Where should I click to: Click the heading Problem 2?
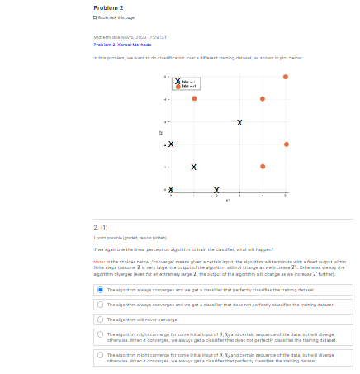pyautogui.click(x=108, y=7)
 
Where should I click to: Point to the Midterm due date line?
pyautogui.click(x=130, y=37)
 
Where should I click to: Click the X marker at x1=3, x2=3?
pyautogui.click(x=239, y=122)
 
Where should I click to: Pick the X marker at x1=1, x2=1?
pyautogui.click(x=194, y=167)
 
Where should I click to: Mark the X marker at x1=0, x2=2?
pyautogui.click(x=171, y=144)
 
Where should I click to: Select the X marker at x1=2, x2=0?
pyautogui.click(x=217, y=189)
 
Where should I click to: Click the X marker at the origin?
pyautogui.click(x=171, y=189)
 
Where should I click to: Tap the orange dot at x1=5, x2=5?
pyautogui.click(x=286, y=77)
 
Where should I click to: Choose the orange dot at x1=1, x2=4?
pyautogui.click(x=194, y=99)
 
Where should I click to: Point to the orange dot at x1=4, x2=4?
pyautogui.click(x=263, y=99)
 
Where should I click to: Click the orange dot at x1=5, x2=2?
pyautogui.click(x=286, y=144)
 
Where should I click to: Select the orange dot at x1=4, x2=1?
pyautogui.click(x=263, y=167)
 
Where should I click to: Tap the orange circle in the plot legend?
pyautogui.click(x=177, y=86)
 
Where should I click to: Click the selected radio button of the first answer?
pyautogui.click(x=100, y=290)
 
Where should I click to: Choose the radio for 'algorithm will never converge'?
pyautogui.click(x=100, y=319)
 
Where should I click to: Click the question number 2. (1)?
pyautogui.click(x=102, y=226)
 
